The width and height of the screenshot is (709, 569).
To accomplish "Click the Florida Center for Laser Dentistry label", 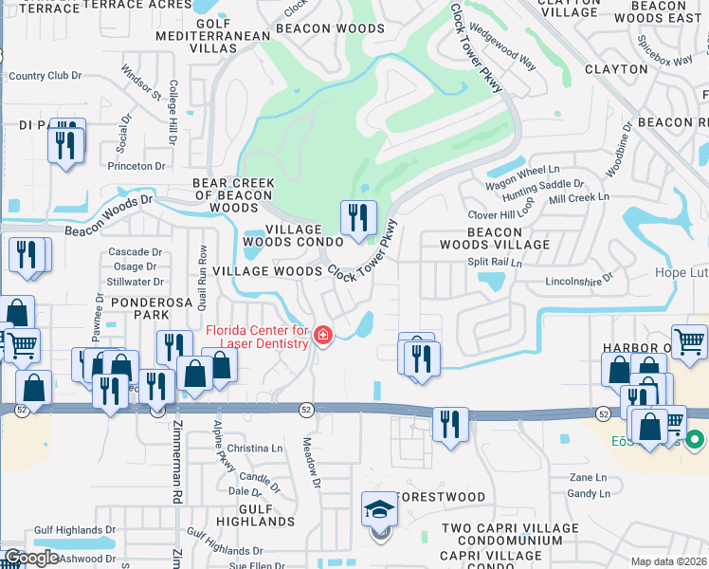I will [x=257, y=337].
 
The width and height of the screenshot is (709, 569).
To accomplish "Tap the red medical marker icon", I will [x=323, y=336].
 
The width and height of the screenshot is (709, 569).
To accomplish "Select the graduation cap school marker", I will [x=379, y=510].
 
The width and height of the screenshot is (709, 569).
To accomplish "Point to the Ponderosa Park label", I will [x=138, y=307].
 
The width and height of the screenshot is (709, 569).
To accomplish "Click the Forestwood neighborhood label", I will [x=440, y=497].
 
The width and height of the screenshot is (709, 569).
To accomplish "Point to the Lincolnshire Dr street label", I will [x=580, y=282].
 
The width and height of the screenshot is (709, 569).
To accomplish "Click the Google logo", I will [x=31, y=558].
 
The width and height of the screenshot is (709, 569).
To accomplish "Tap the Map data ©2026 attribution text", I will [x=669, y=561].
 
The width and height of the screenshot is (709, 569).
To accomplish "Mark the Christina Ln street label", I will [x=255, y=448].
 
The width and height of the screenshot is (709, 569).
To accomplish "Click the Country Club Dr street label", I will [x=45, y=76].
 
